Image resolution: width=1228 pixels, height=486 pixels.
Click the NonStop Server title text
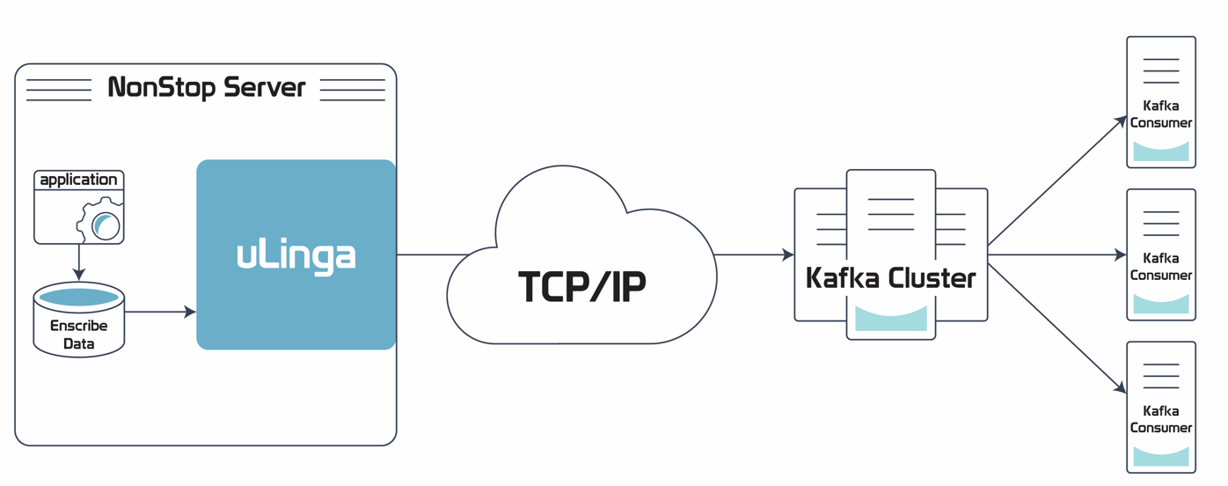tap(207, 88)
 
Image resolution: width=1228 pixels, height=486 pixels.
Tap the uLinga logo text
tap(296, 255)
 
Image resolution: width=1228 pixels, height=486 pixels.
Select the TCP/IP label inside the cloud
tap(582, 286)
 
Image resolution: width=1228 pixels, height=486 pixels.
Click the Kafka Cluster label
tap(890, 278)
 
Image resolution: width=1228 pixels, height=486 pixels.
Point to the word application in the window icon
tap(78, 180)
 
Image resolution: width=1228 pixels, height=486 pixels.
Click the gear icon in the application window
tap(101, 222)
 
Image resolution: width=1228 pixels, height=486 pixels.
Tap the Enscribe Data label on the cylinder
tap(78, 335)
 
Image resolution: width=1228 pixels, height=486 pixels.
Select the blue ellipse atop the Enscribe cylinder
tap(79, 298)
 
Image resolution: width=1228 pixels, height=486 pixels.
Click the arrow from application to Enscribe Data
tap(79, 262)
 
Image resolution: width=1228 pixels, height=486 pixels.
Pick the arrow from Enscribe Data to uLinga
tap(159, 312)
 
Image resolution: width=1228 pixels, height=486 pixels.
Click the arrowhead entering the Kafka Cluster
tap(788, 255)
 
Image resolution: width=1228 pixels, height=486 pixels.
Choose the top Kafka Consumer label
tap(1161, 114)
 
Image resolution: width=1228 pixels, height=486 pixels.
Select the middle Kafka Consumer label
tap(1161, 267)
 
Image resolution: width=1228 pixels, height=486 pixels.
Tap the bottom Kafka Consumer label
tap(1161, 419)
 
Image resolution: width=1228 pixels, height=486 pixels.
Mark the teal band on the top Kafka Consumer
tap(1161, 151)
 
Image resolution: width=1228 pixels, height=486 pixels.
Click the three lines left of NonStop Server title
tap(59, 90)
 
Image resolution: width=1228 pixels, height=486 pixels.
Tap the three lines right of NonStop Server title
tap(353, 90)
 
